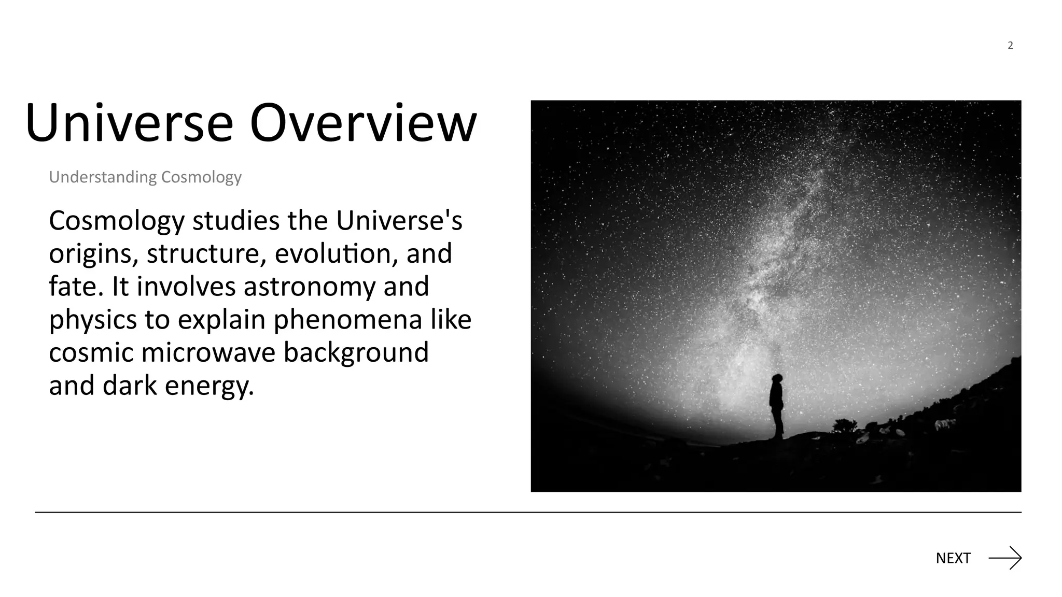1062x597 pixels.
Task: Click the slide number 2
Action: pyautogui.click(x=1010, y=46)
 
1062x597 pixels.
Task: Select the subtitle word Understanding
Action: pyautogui.click(x=102, y=177)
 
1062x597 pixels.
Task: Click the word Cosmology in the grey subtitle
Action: pyautogui.click(x=201, y=177)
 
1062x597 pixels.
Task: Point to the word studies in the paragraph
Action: pyautogui.click(x=236, y=221)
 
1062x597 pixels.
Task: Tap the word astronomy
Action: pyautogui.click(x=310, y=287)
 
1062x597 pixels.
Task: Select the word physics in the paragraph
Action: pyautogui.click(x=93, y=320)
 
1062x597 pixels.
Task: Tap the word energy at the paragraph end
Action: pyautogui.click(x=209, y=387)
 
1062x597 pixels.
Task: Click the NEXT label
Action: pyautogui.click(x=953, y=558)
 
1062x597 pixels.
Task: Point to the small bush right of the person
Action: pyautogui.click(x=844, y=425)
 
